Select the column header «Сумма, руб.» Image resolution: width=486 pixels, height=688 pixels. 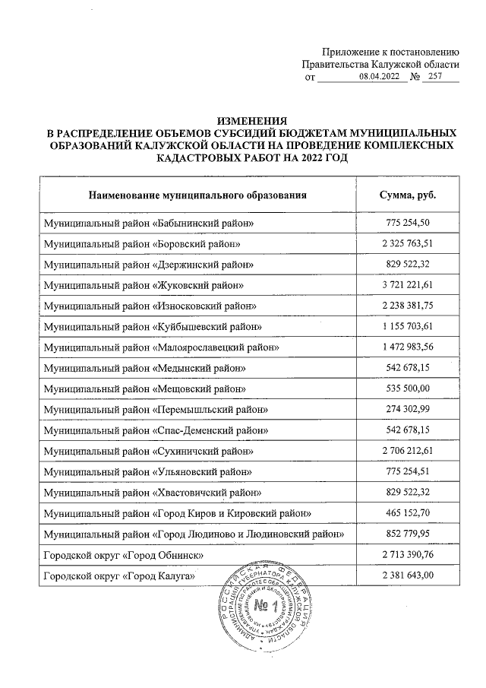point(412,195)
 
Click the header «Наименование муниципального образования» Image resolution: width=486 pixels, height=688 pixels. point(197,195)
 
